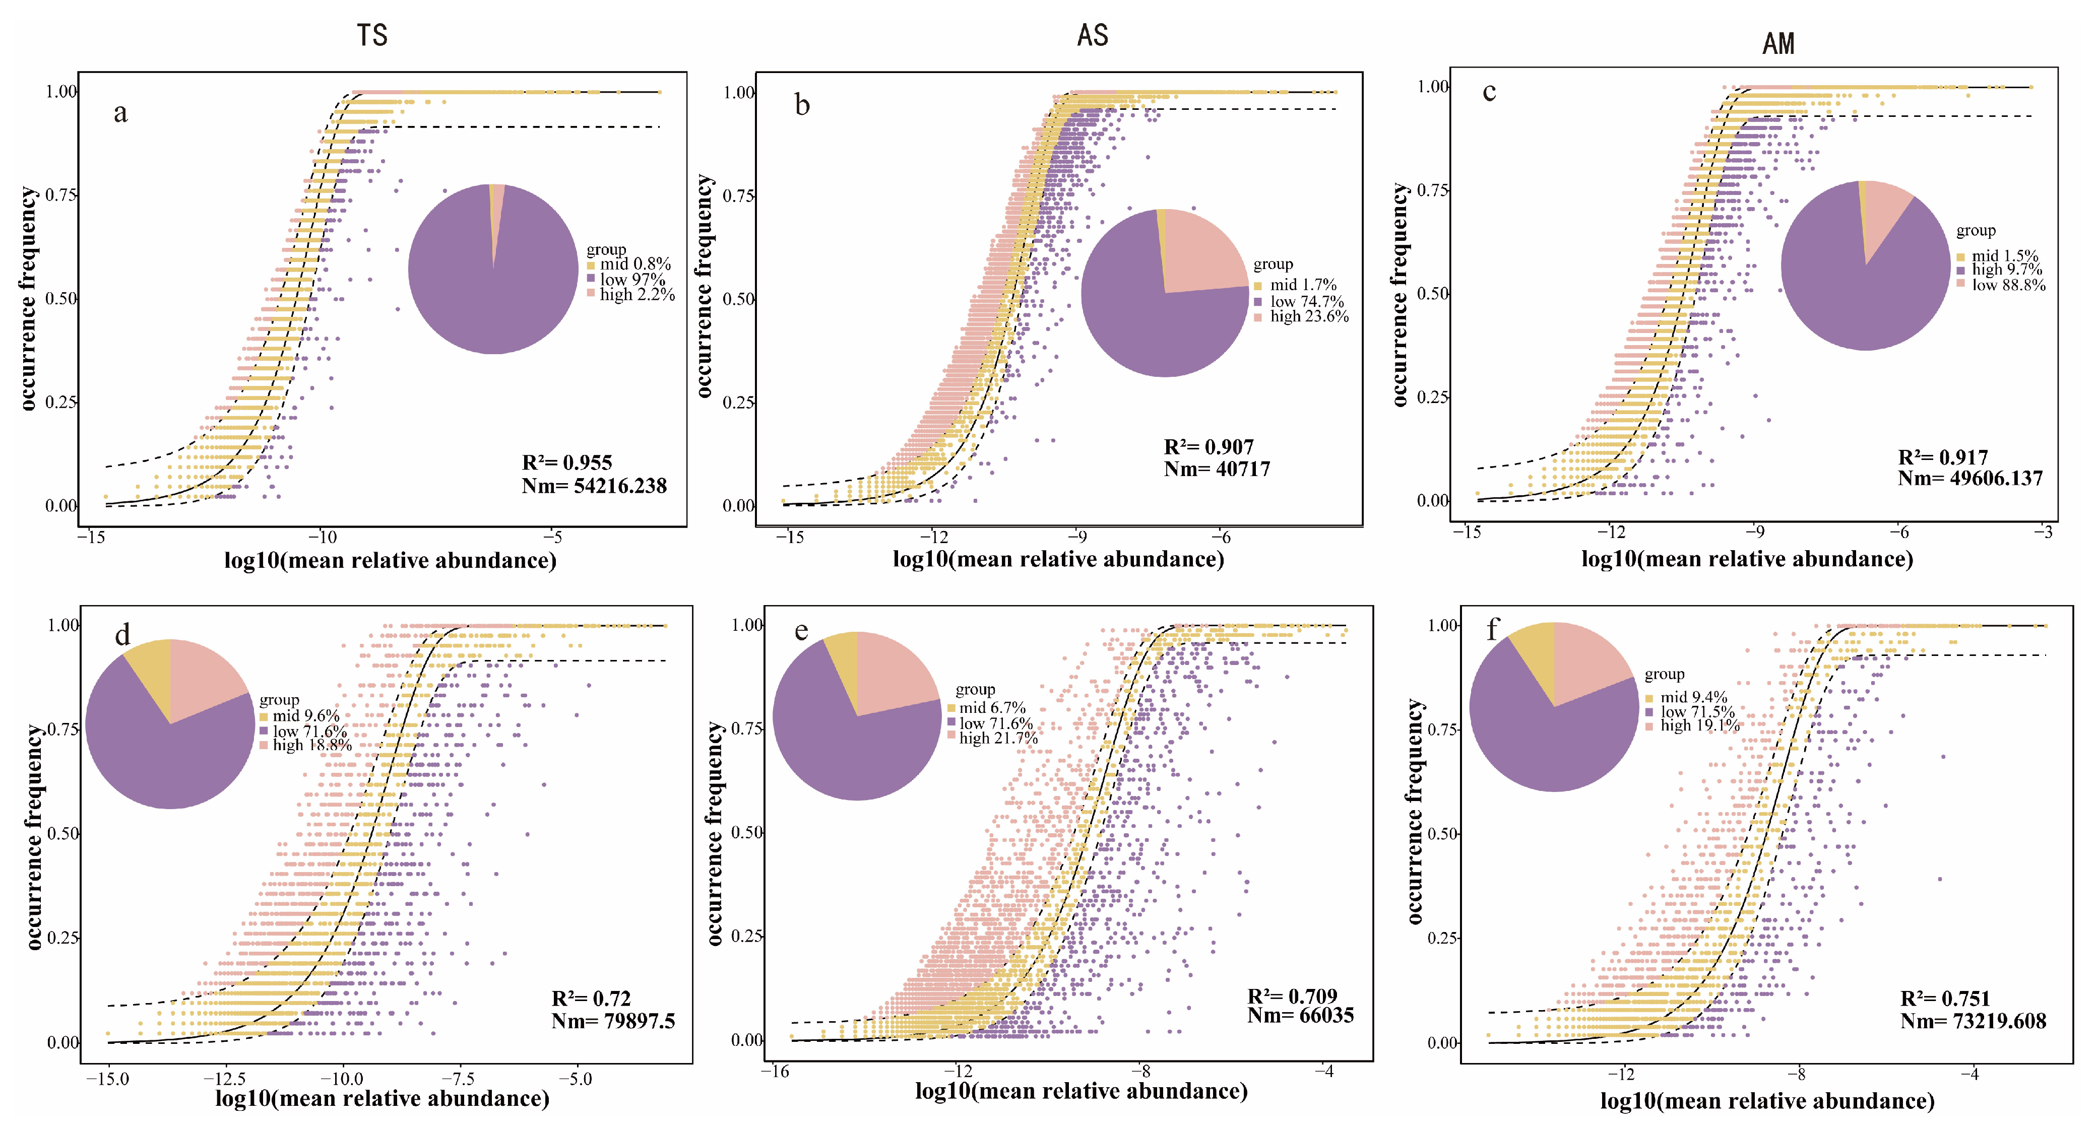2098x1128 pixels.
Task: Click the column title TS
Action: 372,36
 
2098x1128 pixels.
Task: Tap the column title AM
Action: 1778,43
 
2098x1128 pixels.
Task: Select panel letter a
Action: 120,112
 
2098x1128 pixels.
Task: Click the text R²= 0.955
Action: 567,462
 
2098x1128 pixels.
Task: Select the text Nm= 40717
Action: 1217,469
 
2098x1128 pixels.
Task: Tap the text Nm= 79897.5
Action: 613,1021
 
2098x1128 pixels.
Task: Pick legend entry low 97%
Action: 632,279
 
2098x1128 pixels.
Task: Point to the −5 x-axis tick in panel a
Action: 552,537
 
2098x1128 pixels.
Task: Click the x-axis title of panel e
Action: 1081,1091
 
